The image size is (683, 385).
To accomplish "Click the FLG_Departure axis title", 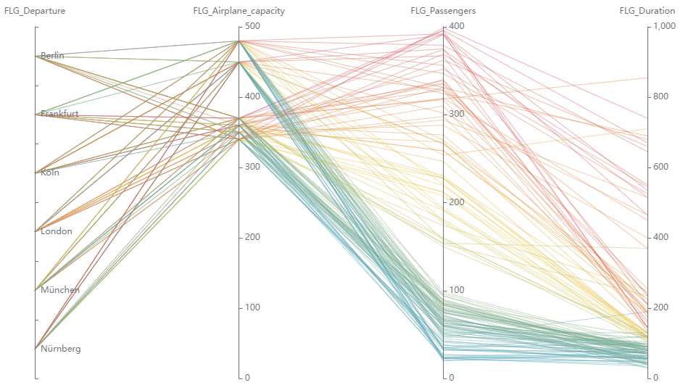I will (35, 11).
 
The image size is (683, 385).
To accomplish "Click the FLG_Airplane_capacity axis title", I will (239, 11).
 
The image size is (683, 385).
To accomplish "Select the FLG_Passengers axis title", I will (443, 11).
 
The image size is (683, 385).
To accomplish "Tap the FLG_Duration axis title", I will (647, 11).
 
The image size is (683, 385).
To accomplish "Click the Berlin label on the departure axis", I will (53, 56).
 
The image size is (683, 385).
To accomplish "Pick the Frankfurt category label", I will (59, 115).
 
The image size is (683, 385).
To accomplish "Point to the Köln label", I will (50, 173).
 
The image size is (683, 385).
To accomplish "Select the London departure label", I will (57, 232).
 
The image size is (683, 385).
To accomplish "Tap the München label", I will (60, 290).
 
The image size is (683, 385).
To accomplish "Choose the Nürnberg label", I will (61, 349).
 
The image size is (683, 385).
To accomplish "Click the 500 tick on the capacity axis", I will (252, 26).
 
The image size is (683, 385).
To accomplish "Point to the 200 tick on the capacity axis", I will (252, 237).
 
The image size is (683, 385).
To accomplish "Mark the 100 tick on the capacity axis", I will (252, 307).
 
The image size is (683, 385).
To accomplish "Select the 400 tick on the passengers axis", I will (456, 26).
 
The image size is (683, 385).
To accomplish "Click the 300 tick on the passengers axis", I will (456, 114).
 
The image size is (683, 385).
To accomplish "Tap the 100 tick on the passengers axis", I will (456, 290).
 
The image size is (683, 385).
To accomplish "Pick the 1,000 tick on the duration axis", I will (665, 26).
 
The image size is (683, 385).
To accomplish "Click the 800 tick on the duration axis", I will (662, 96).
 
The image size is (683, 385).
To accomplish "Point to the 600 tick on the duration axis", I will (662, 167).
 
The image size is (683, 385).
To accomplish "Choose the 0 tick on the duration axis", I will (656, 378).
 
